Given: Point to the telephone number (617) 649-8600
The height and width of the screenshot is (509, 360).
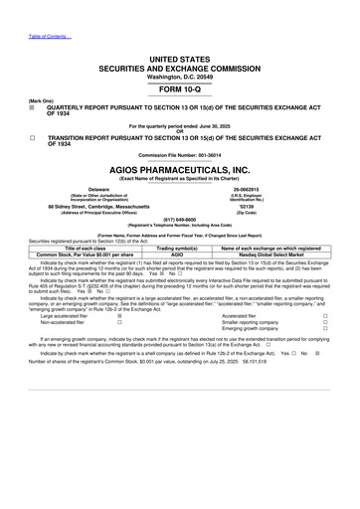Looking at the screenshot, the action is (180, 223).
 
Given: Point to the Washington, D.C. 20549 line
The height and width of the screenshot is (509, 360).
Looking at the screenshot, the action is (180, 49).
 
